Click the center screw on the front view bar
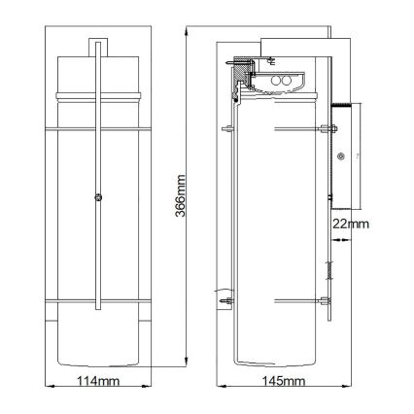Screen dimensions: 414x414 pyautogui.click(x=97, y=198)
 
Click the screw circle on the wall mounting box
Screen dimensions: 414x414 pyautogui.click(x=340, y=155)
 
